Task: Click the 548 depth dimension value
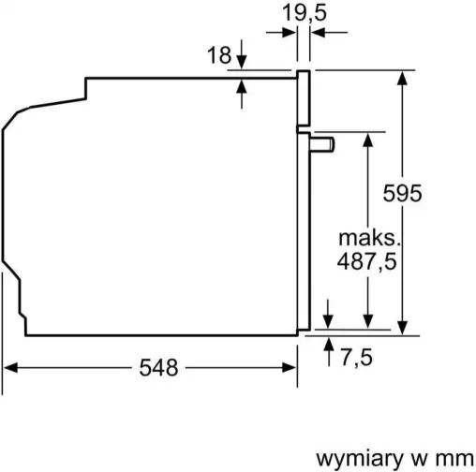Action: tap(157, 368)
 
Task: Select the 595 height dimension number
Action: tap(403, 194)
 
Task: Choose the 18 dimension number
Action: tap(218, 55)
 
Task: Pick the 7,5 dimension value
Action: tap(360, 356)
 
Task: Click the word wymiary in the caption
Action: tap(353, 458)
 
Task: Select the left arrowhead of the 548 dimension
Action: tap(11, 368)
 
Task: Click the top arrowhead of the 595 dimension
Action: tap(403, 78)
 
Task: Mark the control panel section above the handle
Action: tap(304, 98)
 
